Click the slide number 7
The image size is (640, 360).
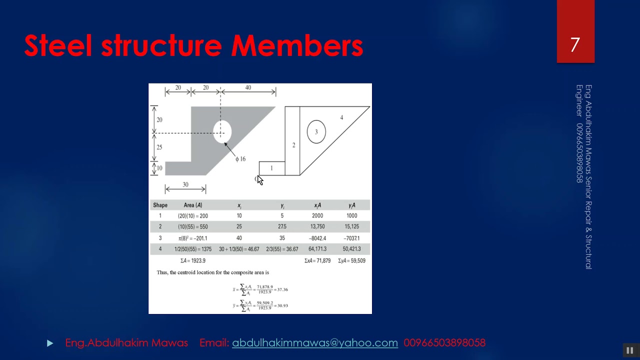click(x=575, y=45)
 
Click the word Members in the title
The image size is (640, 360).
click(x=297, y=45)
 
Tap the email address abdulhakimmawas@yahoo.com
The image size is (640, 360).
click(x=315, y=342)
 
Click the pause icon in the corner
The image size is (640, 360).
click(x=629, y=350)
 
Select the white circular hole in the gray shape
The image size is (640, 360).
click(x=222, y=131)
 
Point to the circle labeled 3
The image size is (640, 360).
click(x=316, y=132)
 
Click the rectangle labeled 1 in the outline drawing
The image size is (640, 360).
click(x=271, y=168)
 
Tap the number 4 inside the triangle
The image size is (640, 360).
click(x=341, y=117)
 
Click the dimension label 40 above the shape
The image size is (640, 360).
click(x=248, y=87)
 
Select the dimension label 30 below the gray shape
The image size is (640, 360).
click(x=185, y=184)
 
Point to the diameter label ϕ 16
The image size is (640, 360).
click(x=240, y=159)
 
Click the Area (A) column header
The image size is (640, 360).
click(x=193, y=205)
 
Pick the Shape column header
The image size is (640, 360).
click(x=160, y=205)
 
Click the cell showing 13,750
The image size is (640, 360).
click(x=317, y=226)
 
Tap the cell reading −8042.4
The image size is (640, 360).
click(x=317, y=238)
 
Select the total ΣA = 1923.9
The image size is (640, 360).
click(x=193, y=260)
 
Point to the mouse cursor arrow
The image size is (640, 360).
click(x=259, y=180)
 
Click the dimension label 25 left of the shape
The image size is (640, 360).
click(x=159, y=147)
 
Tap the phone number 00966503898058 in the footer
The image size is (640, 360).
click(x=444, y=342)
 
